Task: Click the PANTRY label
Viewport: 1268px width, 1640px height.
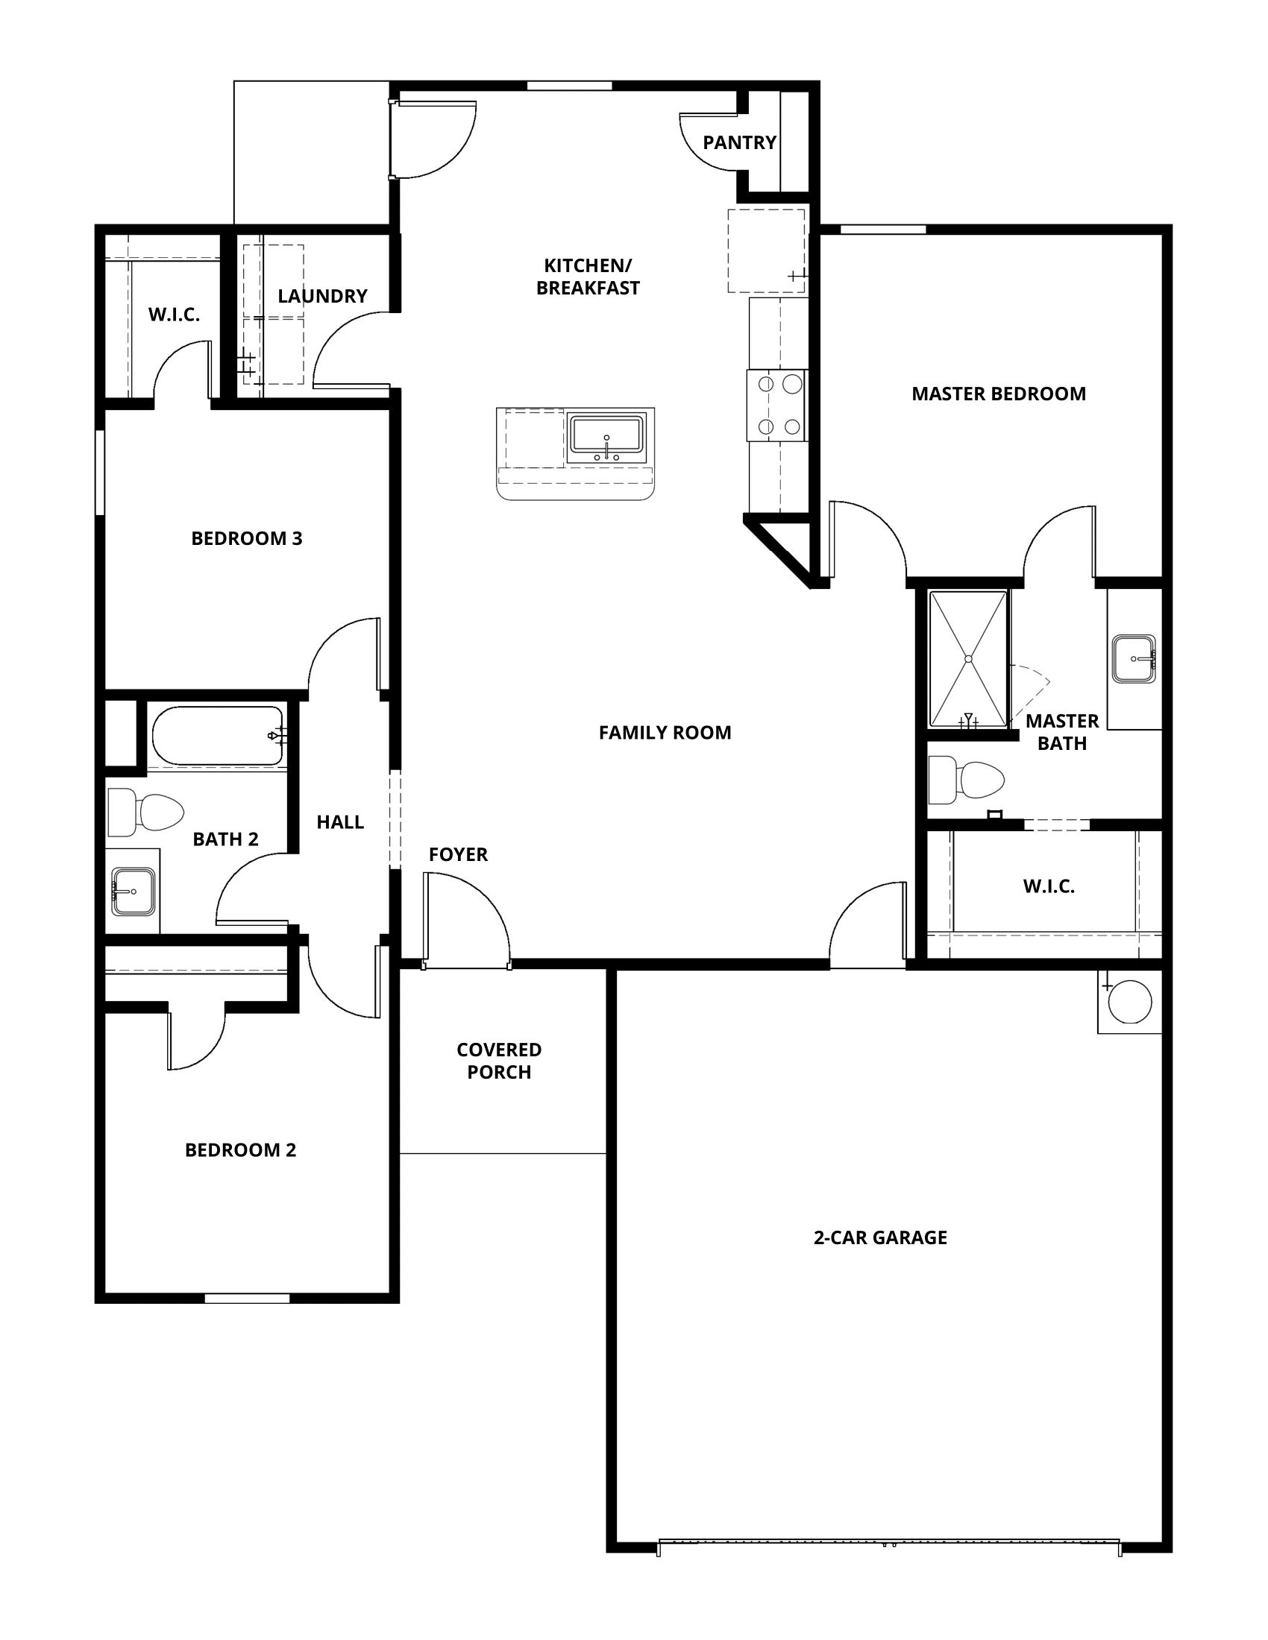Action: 739,142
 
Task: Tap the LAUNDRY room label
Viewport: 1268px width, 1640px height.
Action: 322,296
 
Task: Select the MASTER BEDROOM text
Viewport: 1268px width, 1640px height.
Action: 998,394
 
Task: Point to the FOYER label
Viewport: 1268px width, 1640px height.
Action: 458,854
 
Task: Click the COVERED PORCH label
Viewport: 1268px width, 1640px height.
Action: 499,1060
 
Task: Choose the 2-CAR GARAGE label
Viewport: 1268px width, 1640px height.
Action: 880,1237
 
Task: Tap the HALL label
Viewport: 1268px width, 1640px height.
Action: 340,822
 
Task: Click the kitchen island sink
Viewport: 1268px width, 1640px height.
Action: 606,438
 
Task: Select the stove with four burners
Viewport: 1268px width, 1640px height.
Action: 776,406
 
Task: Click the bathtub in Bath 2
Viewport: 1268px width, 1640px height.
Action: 218,736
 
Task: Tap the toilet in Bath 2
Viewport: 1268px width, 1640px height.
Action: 145,812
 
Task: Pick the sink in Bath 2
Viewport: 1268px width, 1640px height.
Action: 134,892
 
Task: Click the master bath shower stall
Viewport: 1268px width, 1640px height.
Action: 969,659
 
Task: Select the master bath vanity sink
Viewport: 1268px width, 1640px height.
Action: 1134,658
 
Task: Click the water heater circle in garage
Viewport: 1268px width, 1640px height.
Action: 1129,1002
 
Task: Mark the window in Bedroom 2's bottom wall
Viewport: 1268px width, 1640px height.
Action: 247,1299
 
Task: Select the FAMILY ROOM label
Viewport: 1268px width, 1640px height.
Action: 665,733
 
